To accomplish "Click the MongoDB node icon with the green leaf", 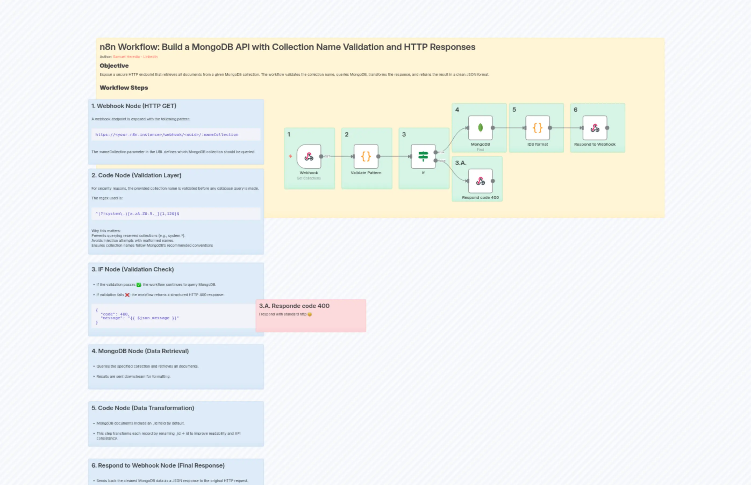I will [480, 128].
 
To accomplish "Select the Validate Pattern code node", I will [366, 157].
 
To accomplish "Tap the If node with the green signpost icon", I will [423, 157].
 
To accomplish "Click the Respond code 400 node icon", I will [480, 181].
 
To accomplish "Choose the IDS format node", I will [537, 128].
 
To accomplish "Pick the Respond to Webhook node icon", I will [595, 128].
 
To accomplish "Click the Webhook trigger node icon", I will [309, 157].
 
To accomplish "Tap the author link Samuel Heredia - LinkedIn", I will [135, 57].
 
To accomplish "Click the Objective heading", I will [114, 66].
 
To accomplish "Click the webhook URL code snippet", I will [167, 134].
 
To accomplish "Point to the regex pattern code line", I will [137, 214].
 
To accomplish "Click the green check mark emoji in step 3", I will [139, 285].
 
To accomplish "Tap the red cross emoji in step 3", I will [127, 295].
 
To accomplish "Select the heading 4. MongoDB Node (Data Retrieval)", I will [140, 351].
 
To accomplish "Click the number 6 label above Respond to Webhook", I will [575, 110].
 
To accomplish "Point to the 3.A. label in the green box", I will [460, 163].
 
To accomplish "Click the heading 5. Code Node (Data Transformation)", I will [142, 408].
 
